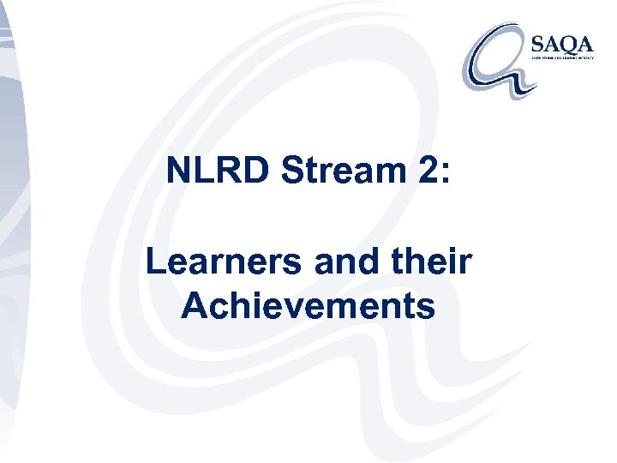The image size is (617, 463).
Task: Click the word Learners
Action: [x=225, y=262]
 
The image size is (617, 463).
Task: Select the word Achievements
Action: [x=308, y=306]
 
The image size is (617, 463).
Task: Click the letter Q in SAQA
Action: [x=572, y=41]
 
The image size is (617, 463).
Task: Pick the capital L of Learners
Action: [x=157, y=262]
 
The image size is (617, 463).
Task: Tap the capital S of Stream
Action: [x=293, y=171]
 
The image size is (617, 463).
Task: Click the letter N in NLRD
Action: [x=179, y=171]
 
